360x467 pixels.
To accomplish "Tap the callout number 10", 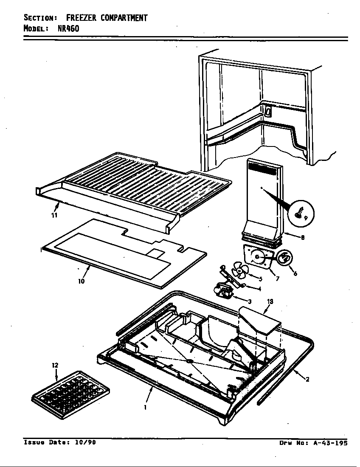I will click(x=81, y=281).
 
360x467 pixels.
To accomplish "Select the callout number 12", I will click(x=55, y=366).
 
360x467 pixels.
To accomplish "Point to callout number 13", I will click(x=270, y=302).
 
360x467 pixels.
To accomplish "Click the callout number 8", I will click(x=302, y=238).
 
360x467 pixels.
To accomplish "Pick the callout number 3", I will click(x=249, y=301).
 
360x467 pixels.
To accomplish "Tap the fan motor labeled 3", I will click(x=224, y=292).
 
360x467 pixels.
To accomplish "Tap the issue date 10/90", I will click(x=85, y=442).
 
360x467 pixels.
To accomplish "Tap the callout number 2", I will click(x=307, y=379).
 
